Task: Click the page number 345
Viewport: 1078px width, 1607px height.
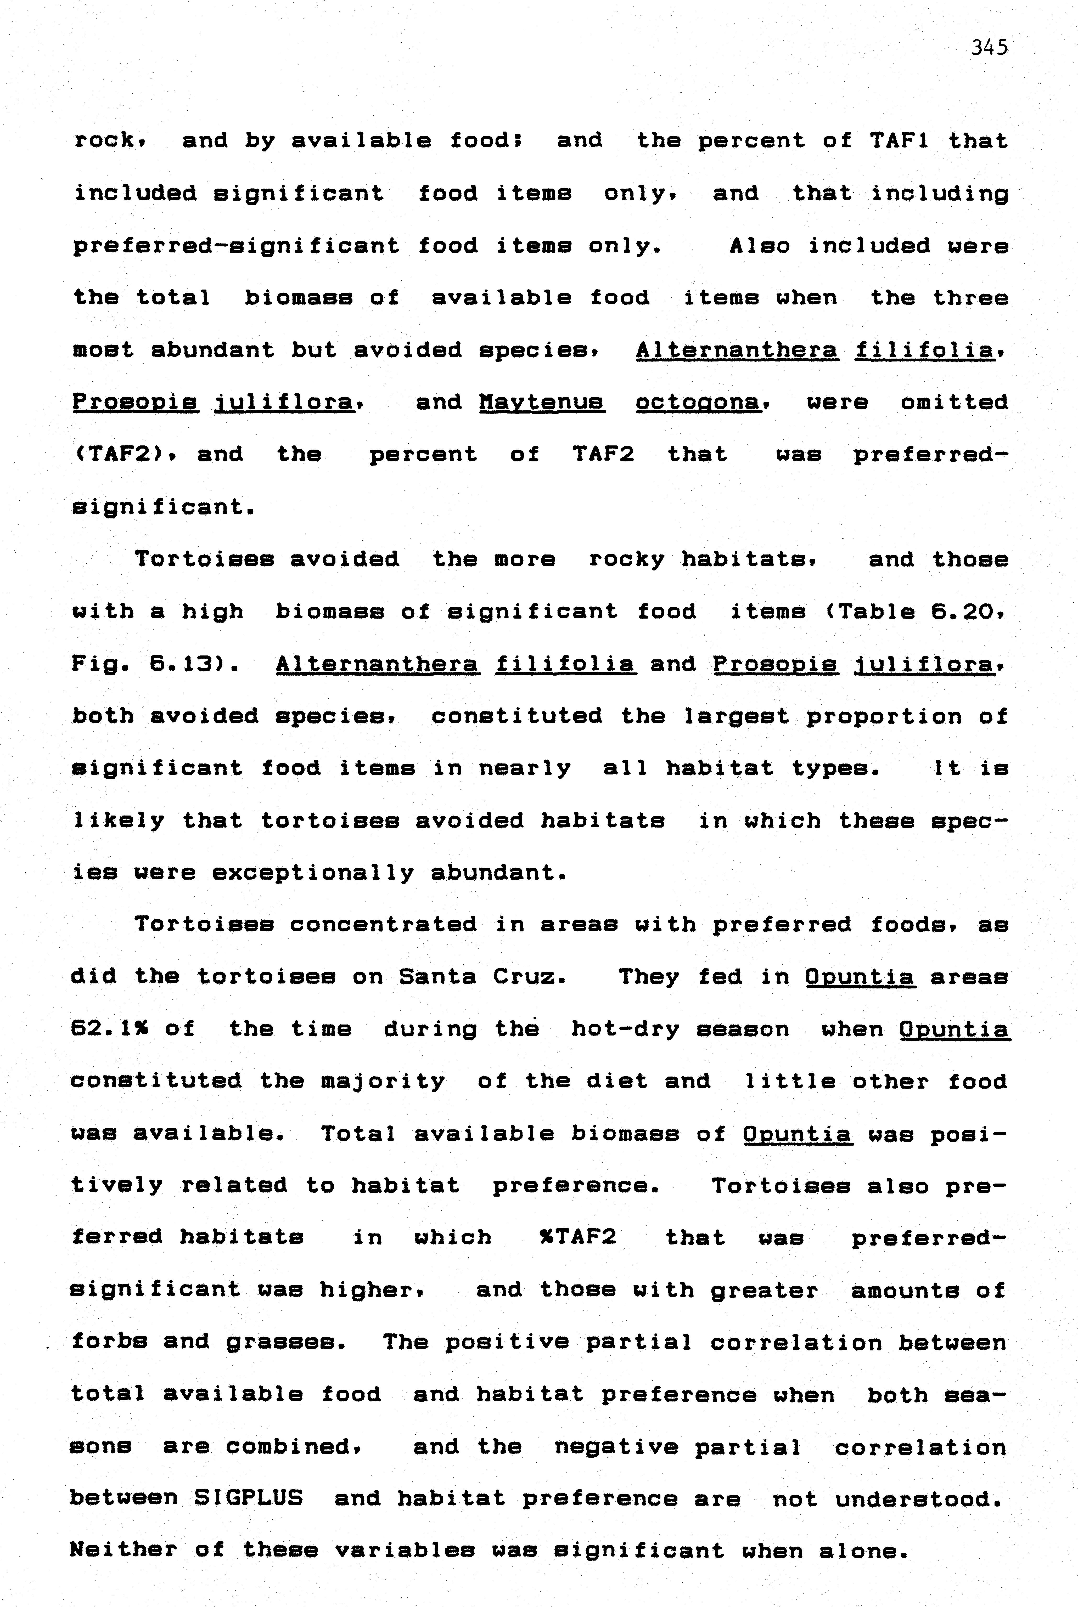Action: click(989, 47)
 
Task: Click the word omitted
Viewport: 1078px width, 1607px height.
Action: click(954, 402)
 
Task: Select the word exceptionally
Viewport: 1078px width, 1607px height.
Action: click(312, 873)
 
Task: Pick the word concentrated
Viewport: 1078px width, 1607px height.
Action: click(383, 924)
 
